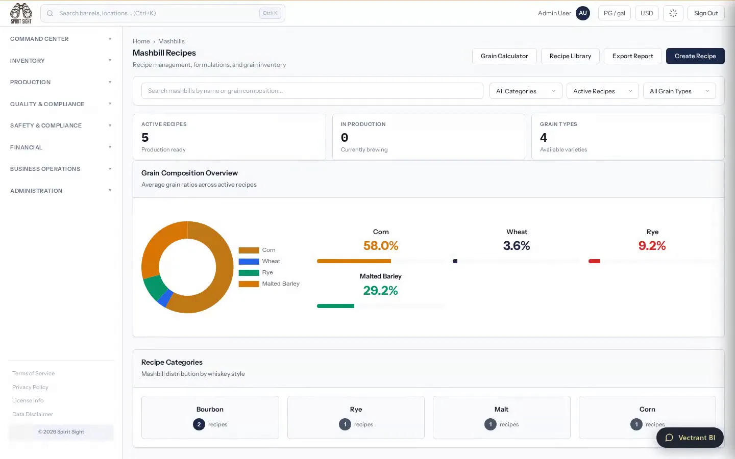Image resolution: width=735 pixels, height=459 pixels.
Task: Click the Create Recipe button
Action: point(695,56)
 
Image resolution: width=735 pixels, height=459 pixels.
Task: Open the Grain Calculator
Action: point(504,56)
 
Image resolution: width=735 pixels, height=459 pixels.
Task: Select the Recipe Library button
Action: point(570,56)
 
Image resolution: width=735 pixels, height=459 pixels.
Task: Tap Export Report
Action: point(632,56)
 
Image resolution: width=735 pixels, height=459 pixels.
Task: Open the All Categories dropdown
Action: point(526,91)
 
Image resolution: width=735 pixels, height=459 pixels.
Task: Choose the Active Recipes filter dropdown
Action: point(602,91)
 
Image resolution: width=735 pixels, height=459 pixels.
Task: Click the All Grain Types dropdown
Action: point(679,91)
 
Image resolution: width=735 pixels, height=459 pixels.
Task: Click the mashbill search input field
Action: point(312,91)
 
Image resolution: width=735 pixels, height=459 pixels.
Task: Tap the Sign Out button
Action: point(706,13)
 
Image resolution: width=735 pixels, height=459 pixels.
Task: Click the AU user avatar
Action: point(583,13)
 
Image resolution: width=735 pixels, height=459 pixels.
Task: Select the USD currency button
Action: point(647,13)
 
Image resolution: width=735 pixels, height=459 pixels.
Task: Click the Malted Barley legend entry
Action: point(269,284)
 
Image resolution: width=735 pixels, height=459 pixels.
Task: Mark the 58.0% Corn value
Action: point(381,246)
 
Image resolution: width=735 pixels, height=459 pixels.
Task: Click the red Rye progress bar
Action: point(594,261)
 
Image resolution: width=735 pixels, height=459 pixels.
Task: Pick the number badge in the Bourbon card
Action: point(199,424)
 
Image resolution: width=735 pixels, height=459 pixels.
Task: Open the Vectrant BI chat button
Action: point(690,438)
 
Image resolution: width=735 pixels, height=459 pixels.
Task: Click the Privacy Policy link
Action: point(30,387)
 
